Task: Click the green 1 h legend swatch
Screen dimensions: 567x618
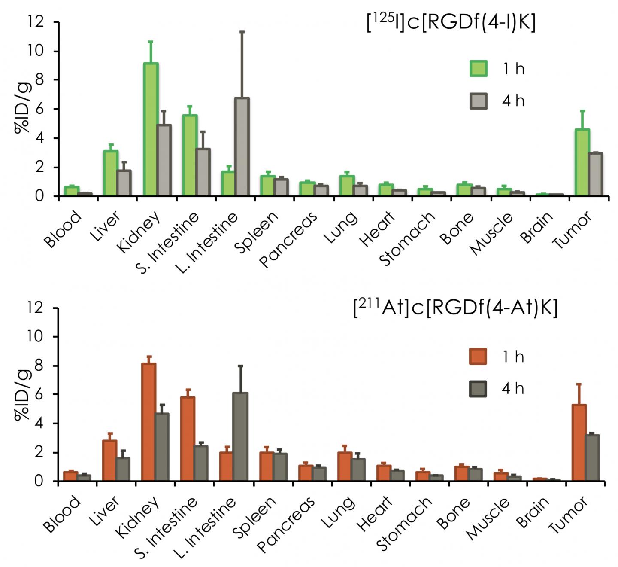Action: point(478,69)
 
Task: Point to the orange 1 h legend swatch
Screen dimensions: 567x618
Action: point(478,357)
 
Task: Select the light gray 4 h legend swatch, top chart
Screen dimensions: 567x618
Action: point(478,101)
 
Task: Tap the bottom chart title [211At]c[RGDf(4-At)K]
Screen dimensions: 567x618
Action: point(455,308)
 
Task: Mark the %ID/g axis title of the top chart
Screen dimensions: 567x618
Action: point(22,109)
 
